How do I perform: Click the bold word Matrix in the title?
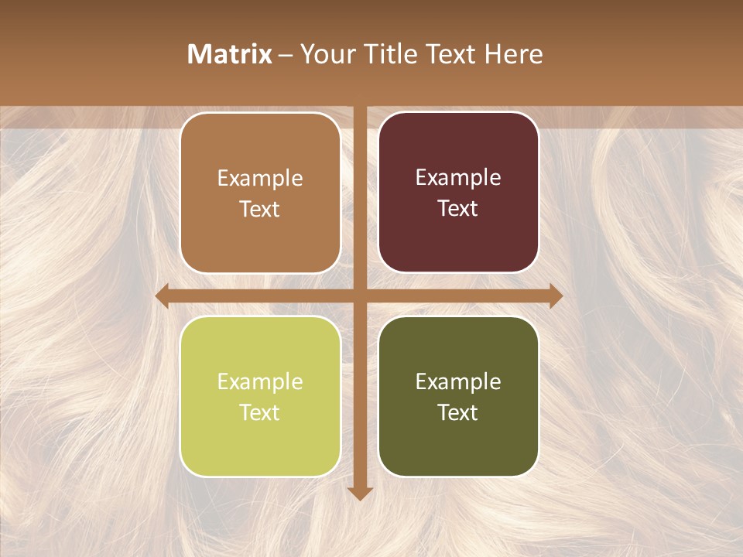click(x=230, y=53)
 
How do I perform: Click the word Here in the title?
click(x=514, y=53)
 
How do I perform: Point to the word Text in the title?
click(x=453, y=53)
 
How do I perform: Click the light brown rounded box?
click(x=260, y=193)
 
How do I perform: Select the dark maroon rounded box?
click(x=458, y=193)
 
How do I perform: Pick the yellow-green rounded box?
click(x=260, y=396)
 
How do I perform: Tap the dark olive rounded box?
click(x=458, y=396)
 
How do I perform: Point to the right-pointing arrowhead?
click(x=556, y=296)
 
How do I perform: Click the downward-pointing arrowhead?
click(x=360, y=493)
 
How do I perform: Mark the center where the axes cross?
click(x=360, y=296)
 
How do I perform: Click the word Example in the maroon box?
click(x=458, y=177)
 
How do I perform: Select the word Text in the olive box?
click(x=458, y=412)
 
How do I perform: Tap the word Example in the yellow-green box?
click(x=260, y=381)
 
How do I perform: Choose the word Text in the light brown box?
click(x=260, y=209)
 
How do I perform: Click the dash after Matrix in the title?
click(x=286, y=54)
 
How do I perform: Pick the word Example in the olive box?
click(x=458, y=381)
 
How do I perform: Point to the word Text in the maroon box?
click(x=458, y=208)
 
